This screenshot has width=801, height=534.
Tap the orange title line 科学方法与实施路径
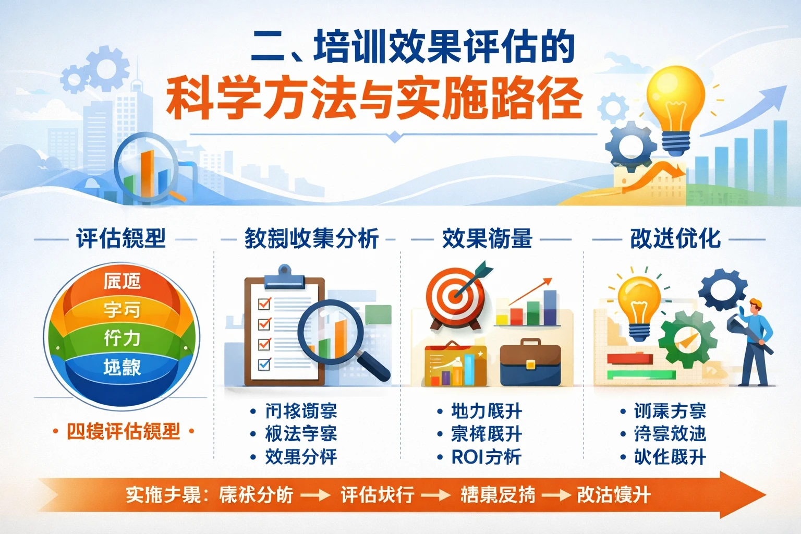(x=373, y=98)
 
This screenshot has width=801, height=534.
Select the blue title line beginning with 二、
(x=412, y=47)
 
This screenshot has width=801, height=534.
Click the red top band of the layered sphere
(x=122, y=282)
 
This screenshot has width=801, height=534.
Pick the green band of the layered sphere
(x=122, y=338)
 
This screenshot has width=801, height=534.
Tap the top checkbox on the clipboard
(x=264, y=303)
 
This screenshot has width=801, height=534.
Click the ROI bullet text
(x=486, y=457)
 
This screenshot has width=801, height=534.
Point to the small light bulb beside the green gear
(x=639, y=305)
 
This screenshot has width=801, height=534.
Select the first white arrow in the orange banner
(x=315, y=495)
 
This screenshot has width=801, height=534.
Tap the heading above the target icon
(x=487, y=239)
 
